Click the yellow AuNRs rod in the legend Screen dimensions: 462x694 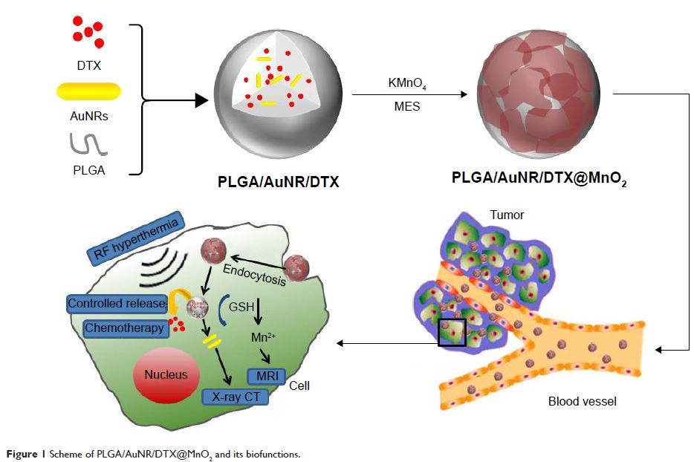point(88,91)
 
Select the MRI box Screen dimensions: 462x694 point(265,376)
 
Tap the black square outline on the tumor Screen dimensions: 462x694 point(452,332)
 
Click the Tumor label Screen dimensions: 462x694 point(506,215)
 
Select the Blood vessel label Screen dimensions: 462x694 point(583,402)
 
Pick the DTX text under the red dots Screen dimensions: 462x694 point(88,66)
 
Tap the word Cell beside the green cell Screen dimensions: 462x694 point(299,386)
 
